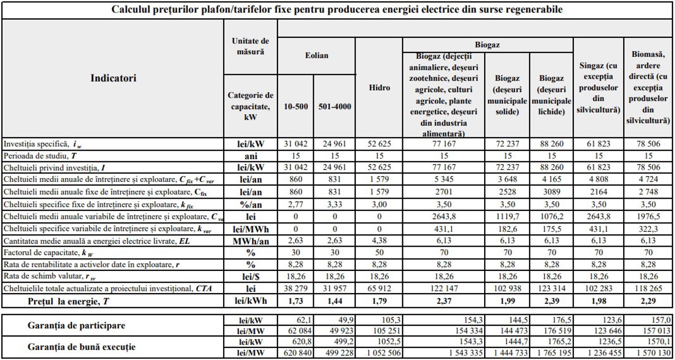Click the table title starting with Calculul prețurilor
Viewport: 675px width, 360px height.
337,9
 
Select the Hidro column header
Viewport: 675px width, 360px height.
379,88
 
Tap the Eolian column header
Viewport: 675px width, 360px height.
316,55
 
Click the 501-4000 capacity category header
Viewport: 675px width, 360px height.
335,106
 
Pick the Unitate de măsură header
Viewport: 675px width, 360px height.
250,46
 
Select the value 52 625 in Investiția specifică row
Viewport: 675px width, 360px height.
379,143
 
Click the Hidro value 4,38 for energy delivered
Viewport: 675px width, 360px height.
379,240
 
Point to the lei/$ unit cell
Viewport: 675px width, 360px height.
250,276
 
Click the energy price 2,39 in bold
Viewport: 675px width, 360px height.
552,301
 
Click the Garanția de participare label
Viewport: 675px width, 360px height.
76,325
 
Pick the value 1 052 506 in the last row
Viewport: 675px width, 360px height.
379,353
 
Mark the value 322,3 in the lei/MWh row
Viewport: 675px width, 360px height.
649,228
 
